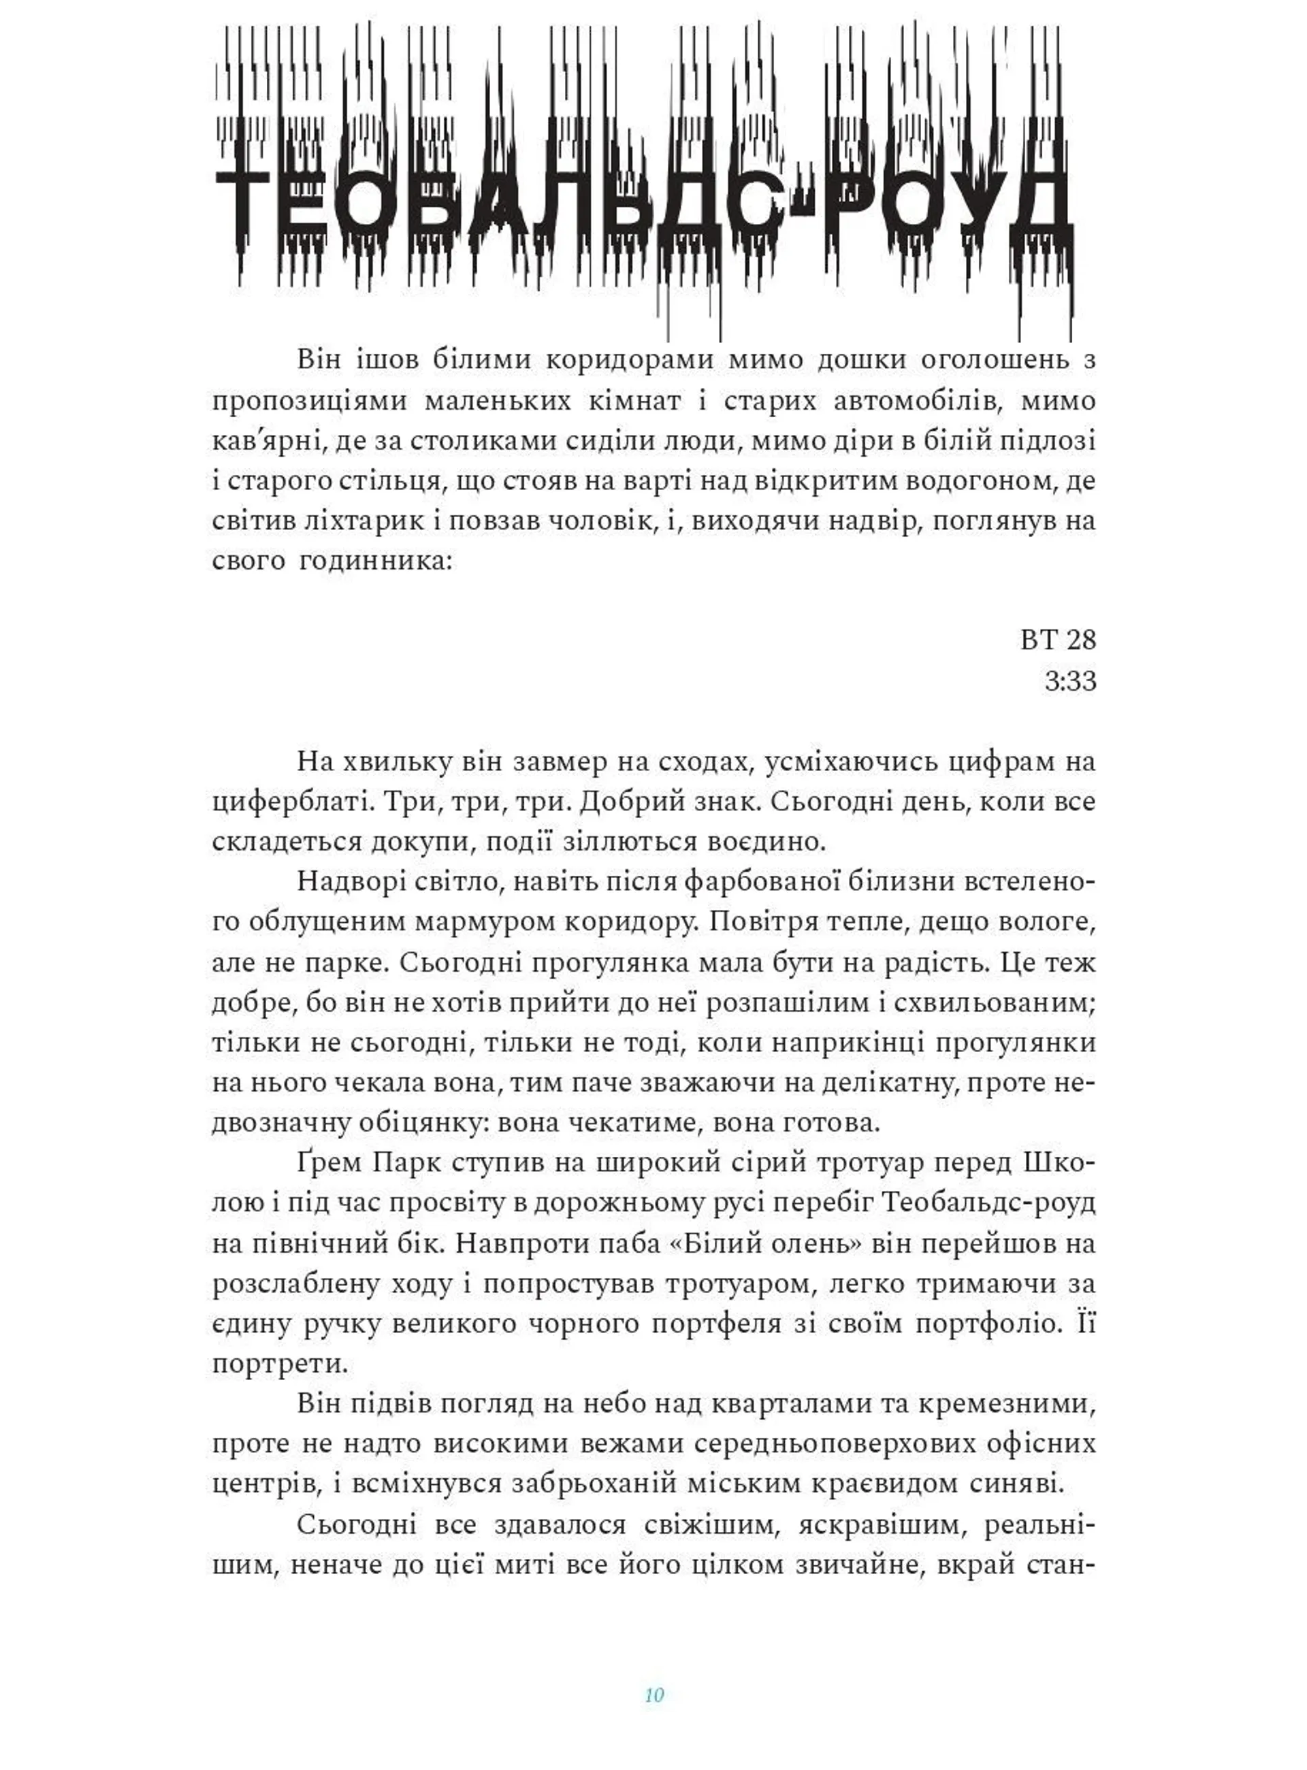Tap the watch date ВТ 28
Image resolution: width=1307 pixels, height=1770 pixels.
coord(1058,640)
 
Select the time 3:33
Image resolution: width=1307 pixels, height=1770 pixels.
coord(1069,681)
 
